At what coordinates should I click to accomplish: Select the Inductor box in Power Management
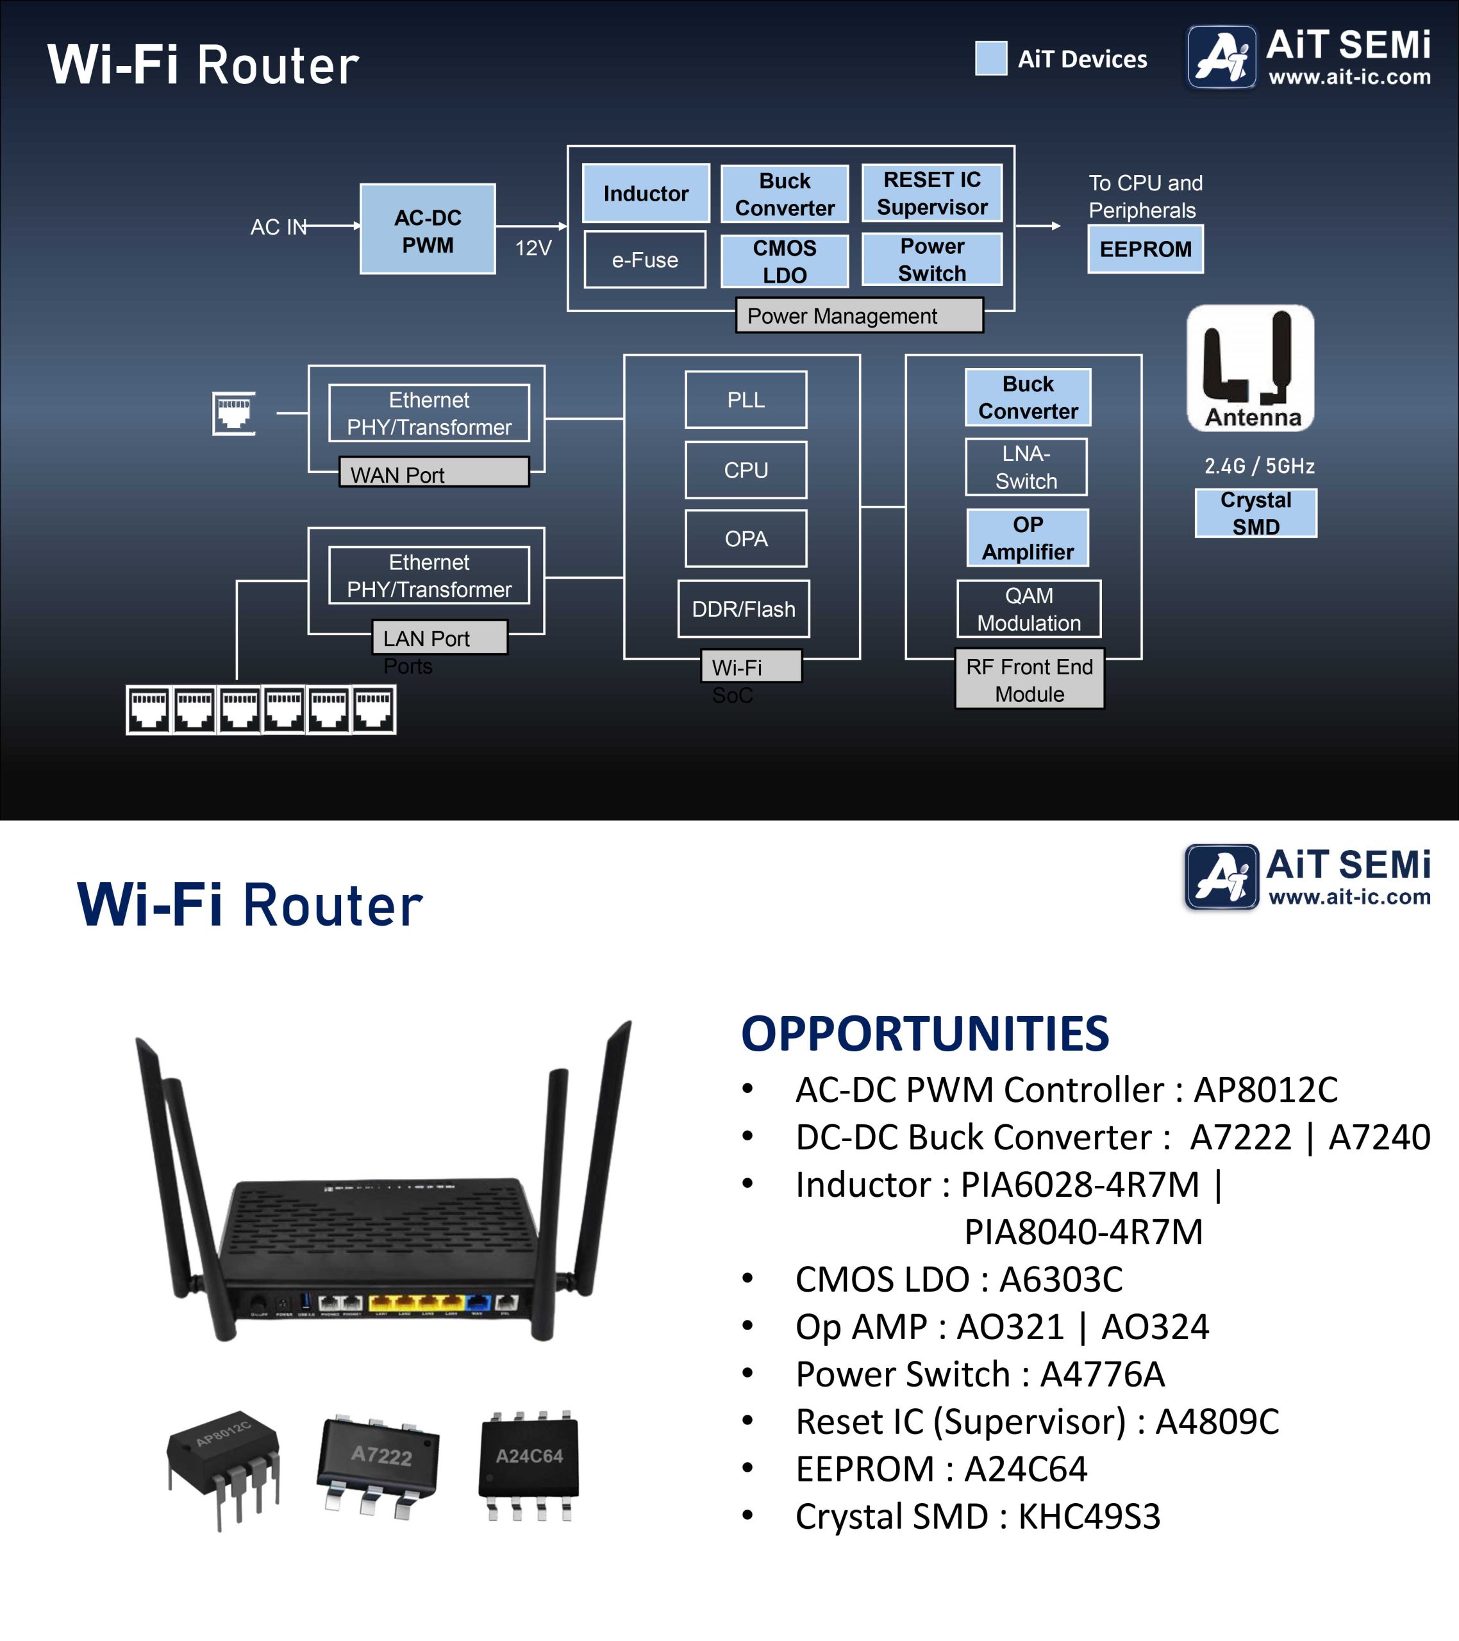[x=646, y=194]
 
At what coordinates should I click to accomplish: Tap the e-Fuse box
[x=645, y=260]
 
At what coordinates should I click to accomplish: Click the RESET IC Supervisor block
[x=931, y=193]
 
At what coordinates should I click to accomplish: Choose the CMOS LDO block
[x=784, y=261]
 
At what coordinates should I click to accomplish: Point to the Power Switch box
[x=931, y=260]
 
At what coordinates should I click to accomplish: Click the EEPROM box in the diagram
[x=1145, y=249]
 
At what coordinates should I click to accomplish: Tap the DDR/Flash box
[x=744, y=608]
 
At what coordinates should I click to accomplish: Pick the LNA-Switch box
[x=1026, y=467]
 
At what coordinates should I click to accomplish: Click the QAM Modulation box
[x=1029, y=608]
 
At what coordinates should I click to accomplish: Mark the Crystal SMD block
[x=1256, y=513]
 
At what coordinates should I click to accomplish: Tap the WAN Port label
[x=433, y=473]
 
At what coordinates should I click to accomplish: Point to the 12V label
[x=533, y=248]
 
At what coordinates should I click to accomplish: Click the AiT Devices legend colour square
[x=991, y=58]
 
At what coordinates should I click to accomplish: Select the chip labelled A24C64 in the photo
[x=529, y=1466]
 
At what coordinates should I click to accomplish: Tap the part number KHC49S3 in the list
[x=1089, y=1517]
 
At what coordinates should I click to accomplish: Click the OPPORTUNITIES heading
[x=924, y=1033]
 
